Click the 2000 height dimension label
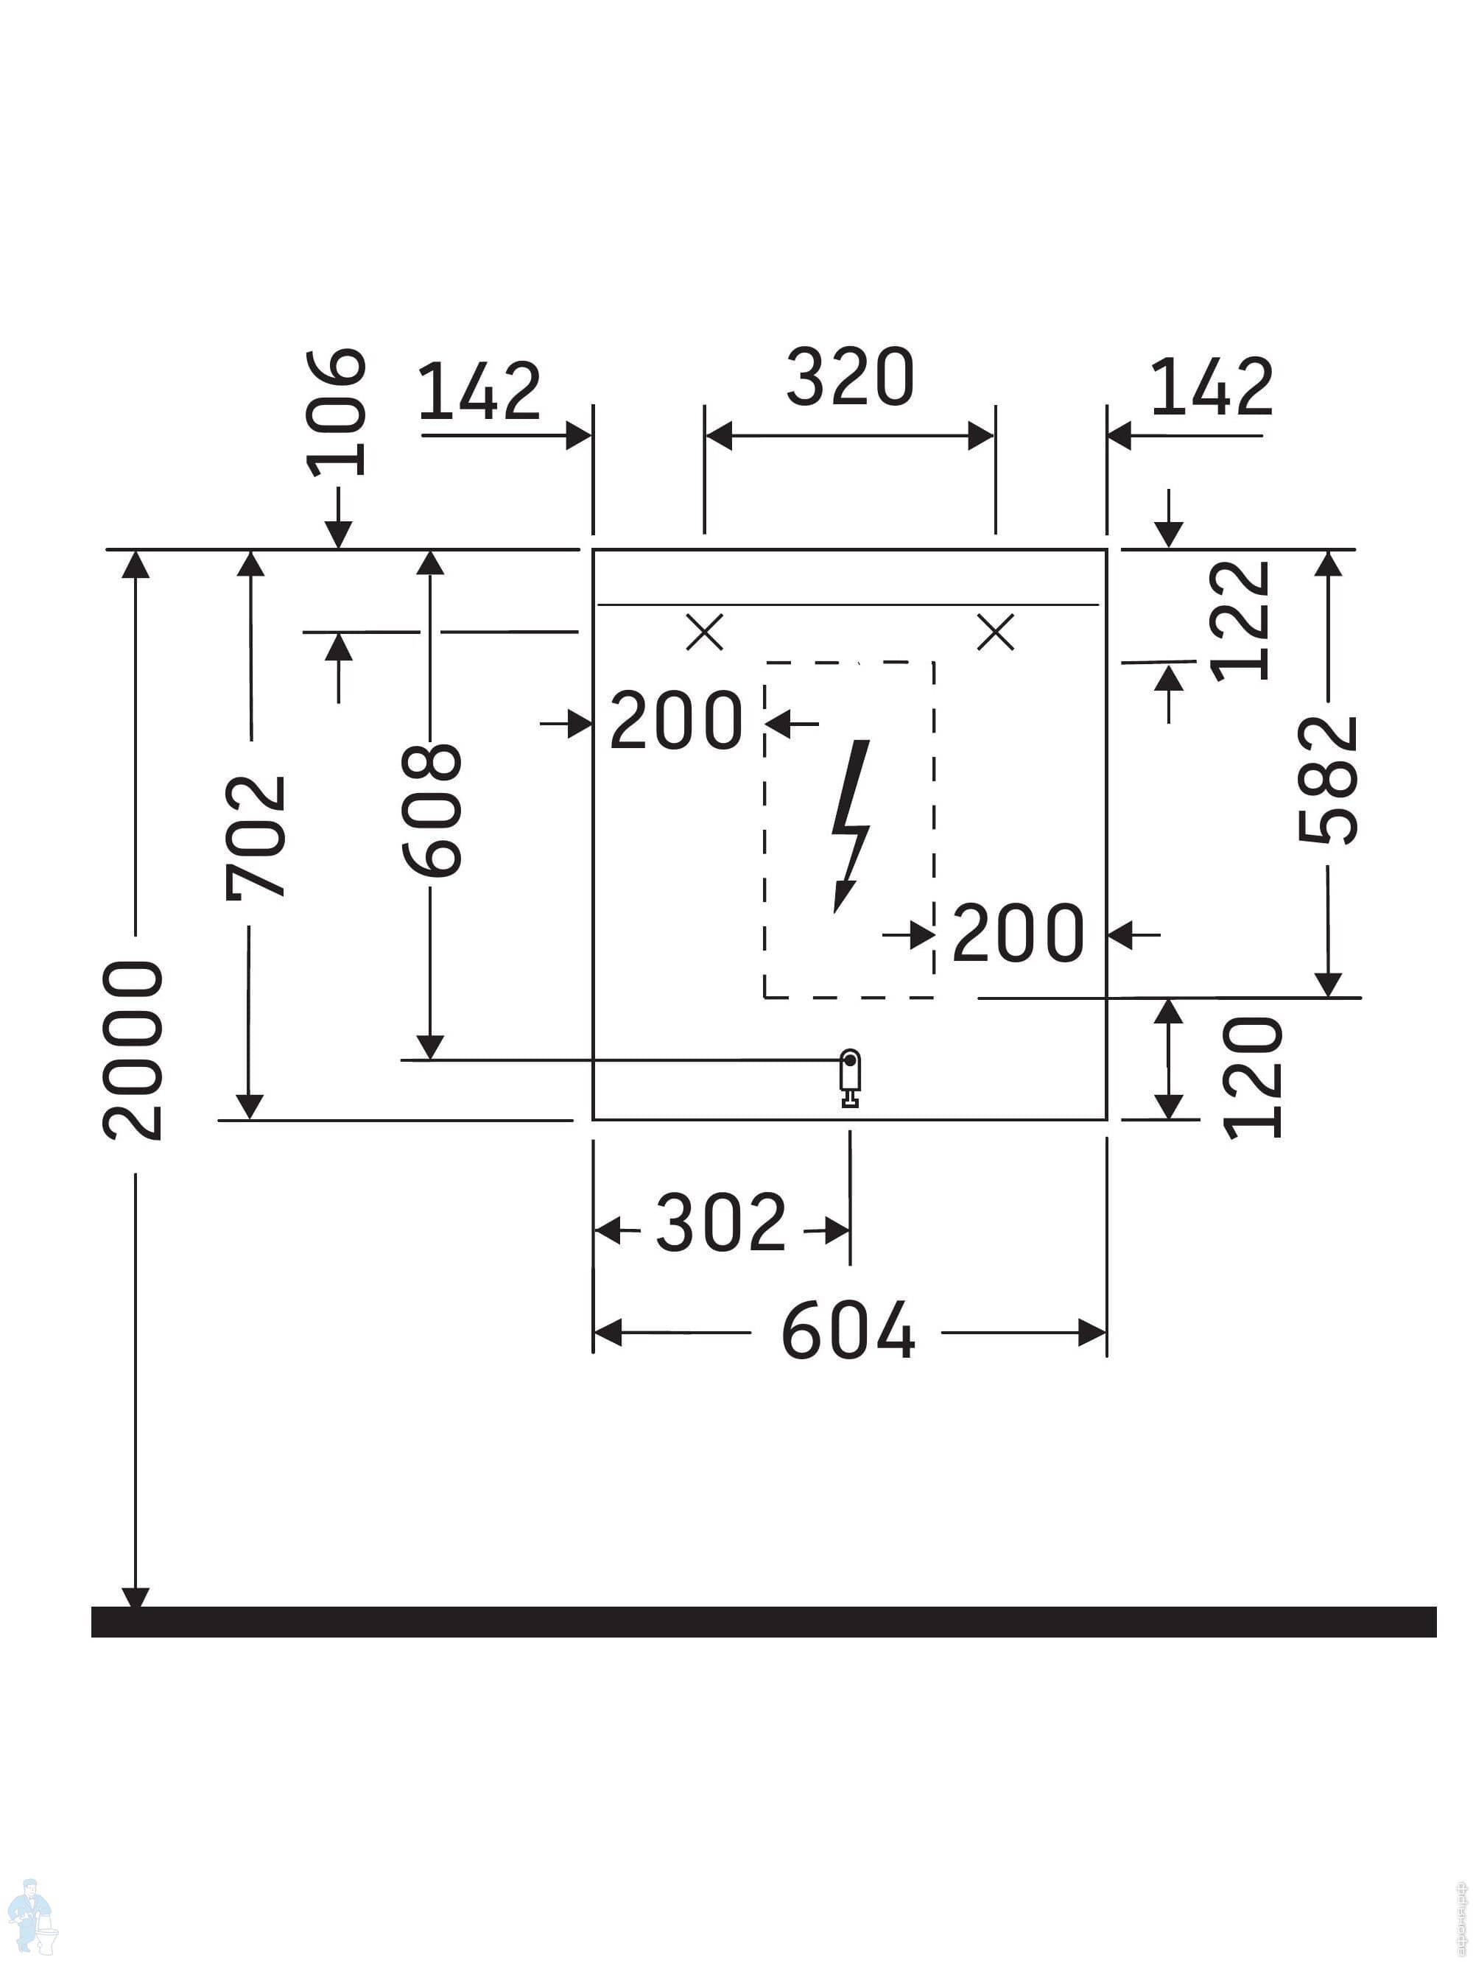(x=133, y=1050)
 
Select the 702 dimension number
(x=256, y=838)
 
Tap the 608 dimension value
(x=432, y=810)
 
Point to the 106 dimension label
(x=336, y=412)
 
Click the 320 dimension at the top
(x=850, y=378)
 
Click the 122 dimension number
(x=1240, y=620)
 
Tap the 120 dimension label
(x=1253, y=1077)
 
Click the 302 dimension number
(x=721, y=1223)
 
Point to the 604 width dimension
(x=848, y=1331)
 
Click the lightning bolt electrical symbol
(x=851, y=826)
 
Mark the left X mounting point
(x=705, y=632)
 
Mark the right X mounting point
(x=995, y=632)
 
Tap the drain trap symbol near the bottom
(x=851, y=1078)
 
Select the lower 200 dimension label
(x=1019, y=933)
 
